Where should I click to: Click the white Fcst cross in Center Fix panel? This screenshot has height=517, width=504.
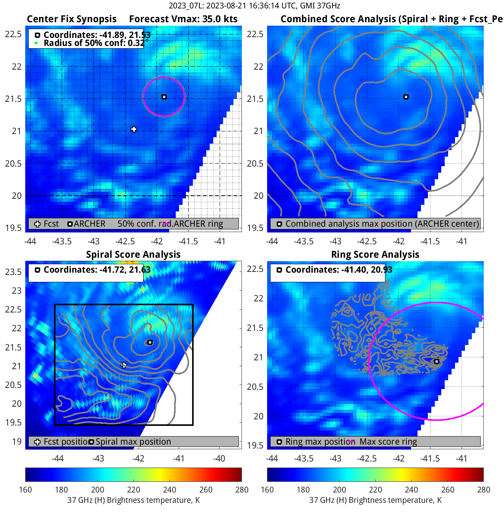134,129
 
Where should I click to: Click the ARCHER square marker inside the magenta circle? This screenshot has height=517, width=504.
164,97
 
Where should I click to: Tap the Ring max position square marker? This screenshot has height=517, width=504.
436,362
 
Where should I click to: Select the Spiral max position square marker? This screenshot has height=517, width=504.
150,342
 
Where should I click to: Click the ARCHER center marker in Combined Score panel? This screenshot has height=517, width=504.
406,97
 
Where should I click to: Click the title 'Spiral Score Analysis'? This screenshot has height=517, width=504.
133,255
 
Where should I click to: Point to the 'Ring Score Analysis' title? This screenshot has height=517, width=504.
375,255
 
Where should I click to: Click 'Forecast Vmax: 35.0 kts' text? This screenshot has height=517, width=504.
183,19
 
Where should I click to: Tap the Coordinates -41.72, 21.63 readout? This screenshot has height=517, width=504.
97,270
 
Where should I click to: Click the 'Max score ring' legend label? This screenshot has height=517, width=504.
388,442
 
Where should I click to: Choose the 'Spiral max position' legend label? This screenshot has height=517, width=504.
133,442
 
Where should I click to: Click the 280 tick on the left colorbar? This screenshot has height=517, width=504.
242,490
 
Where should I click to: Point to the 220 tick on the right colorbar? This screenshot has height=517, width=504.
375,490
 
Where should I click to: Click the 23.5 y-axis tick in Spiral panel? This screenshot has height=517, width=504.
13,272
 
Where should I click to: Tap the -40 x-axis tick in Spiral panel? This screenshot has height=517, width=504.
219,458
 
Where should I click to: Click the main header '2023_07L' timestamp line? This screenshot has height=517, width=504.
254,6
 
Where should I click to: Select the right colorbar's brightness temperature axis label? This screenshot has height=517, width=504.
375,500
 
